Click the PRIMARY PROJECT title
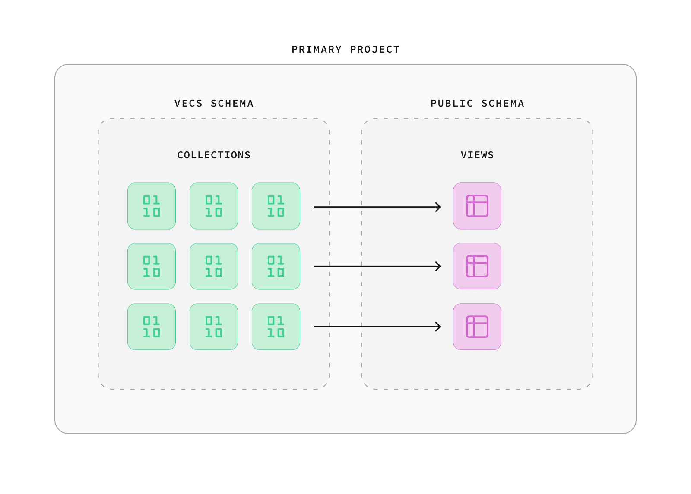click(345, 50)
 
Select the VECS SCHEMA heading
click(214, 104)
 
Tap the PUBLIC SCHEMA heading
click(477, 104)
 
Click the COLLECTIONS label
click(214, 155)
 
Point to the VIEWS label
click(477, 155)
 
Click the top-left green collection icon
click(152, 206)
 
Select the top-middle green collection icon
click(214, 206)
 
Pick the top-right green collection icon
click(276, 206)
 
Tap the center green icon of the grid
click(214, 267)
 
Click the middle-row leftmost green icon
click(152, 267)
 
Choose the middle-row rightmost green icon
click(276, 267)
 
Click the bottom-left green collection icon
click(152, 327)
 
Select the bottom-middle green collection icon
click(214, 327)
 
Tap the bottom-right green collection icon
click(276, 327)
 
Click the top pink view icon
click(477, 206)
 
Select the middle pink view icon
click(477, 267)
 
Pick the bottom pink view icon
click(477, 327)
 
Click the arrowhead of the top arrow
click(439, 207)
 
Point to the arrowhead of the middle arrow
click(439, 267)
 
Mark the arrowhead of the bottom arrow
click(439, 327)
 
